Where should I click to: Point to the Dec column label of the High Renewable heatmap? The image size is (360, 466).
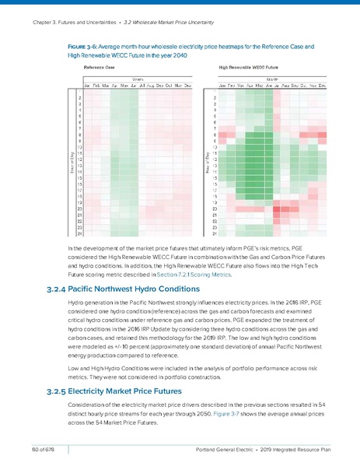point(321,84)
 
